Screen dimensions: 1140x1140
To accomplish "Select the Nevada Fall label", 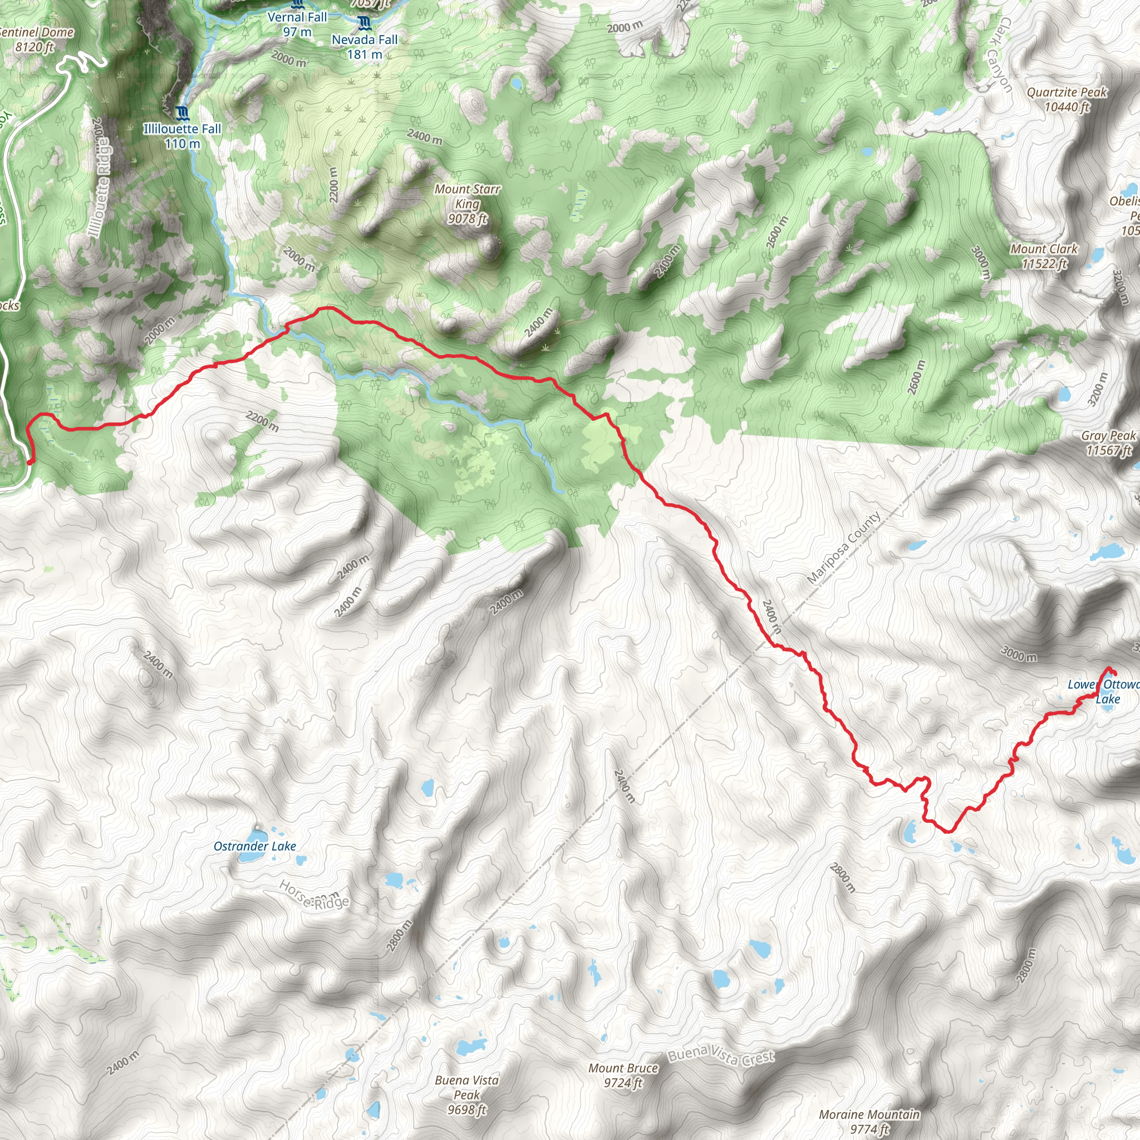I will tap(364, 47).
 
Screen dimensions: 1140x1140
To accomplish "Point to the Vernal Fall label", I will tap(297, 24).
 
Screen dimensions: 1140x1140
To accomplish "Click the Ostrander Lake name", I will tap(254, 846).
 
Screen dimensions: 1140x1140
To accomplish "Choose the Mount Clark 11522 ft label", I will tap(1044, 256).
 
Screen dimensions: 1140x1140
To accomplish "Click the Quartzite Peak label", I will tap(1067, 99).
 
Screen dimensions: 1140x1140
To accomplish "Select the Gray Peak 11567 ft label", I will tap(1108, 443).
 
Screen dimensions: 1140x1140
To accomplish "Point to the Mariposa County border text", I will tap(843, 548).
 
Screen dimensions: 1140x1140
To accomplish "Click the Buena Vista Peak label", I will tap(466, 1094).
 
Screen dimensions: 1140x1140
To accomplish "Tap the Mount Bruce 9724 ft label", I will tap(623, 1075).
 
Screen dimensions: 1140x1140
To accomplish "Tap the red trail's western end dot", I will tap(30, 463).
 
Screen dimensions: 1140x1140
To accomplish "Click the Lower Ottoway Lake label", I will tap(1103, 691).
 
